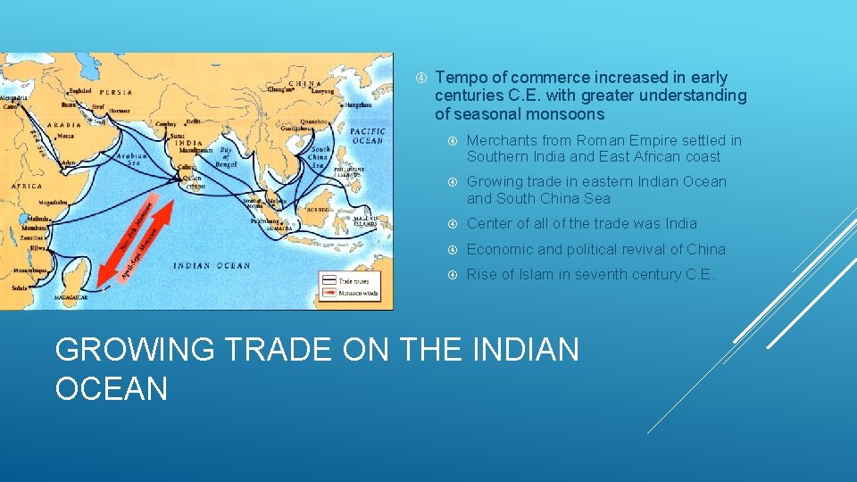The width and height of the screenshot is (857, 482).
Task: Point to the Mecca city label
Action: (65, 137)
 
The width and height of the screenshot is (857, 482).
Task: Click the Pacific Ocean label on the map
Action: (367, 135)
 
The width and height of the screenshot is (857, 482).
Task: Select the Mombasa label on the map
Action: (31, 229)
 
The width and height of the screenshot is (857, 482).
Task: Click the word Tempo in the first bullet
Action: (458, 78)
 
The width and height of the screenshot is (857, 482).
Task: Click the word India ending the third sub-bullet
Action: (680, 224)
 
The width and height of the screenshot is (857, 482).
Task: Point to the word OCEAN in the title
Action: (112, 388)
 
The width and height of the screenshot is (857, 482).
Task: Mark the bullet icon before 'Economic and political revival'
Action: (453, 250)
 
